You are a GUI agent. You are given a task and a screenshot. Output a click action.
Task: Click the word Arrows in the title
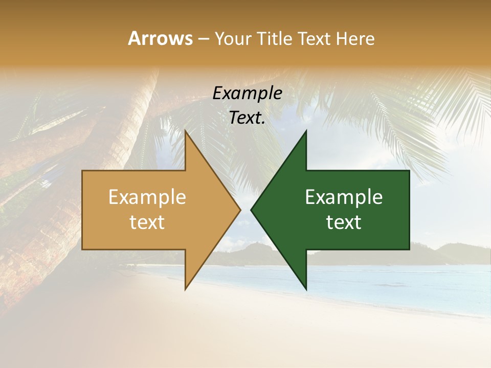(160, 38)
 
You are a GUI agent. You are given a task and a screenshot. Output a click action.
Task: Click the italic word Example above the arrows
(248, 93)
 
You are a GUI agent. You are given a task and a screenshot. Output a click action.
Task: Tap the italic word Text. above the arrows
(248, 118)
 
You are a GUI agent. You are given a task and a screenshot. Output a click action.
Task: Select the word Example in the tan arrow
(147, 197)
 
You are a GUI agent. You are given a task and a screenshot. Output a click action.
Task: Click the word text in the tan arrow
(147, 222)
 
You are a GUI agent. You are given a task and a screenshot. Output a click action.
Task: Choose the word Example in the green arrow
(344, 197)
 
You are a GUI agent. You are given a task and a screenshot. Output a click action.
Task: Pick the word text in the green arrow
(344, 222)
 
